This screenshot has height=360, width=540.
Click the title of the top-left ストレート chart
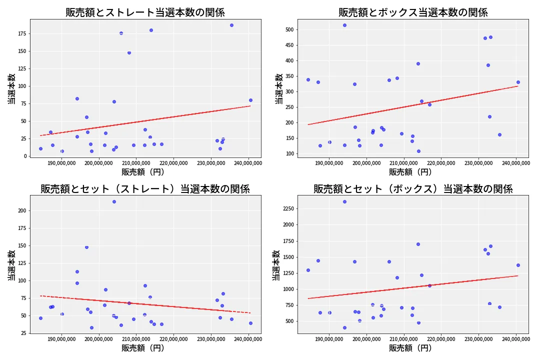[145, 12]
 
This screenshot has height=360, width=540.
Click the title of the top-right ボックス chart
[413, 12]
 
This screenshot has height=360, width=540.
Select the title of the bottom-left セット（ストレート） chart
[145, 189]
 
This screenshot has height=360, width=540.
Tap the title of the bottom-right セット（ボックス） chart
[413, 189]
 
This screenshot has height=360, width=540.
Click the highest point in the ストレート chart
[231, 25]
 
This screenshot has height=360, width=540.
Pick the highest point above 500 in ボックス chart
[344, 25]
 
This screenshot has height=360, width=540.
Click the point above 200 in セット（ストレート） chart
[114, 201]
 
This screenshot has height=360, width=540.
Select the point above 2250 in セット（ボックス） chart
[344, 201]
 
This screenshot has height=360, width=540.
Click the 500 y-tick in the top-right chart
[289, 29]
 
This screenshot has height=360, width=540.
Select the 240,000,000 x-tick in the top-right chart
[516, 163]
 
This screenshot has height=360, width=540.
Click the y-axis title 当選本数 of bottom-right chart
[276, 265]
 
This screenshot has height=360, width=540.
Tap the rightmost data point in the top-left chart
[250, 100]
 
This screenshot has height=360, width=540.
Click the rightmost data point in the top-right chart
[518, 82]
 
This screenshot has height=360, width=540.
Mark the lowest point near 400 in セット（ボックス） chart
[344, 327]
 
